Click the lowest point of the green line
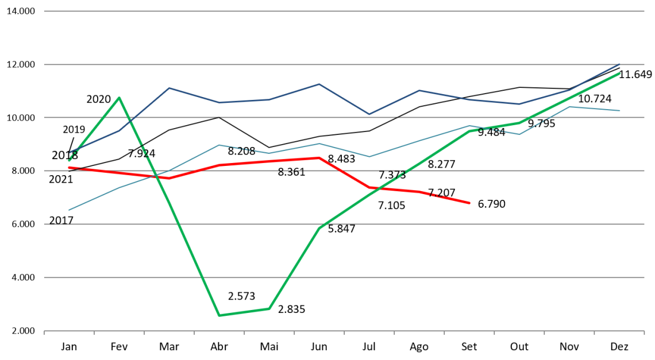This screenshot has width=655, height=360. tap(219, 315)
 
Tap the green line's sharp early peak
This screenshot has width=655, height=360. tap(119, 98)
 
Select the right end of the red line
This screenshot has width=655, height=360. tap(469, 203)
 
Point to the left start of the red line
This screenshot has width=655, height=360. tap(69, 168)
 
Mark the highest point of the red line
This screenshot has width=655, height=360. tap(319, 157)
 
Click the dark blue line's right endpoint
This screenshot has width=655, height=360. tap(620, 64)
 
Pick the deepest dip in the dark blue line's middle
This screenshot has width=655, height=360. tap(369, 114)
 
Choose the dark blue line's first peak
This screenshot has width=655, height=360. tap(169, 88)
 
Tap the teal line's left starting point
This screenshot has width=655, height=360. tap(69, 210)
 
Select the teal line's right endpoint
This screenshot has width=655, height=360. tap(620, 110)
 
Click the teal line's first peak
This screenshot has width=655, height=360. tap(219, 145)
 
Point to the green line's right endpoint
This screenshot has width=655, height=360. tap(620, 73)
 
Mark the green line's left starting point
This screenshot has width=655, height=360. tap(69, 160)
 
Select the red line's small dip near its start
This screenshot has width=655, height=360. tap(169, 178)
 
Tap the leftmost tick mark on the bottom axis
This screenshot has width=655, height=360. tap(44, 332)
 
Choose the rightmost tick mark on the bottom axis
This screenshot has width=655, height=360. tap(644, 332)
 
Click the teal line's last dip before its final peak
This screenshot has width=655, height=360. tap(520, 134)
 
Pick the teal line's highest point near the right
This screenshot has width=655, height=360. tap(569, 107)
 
